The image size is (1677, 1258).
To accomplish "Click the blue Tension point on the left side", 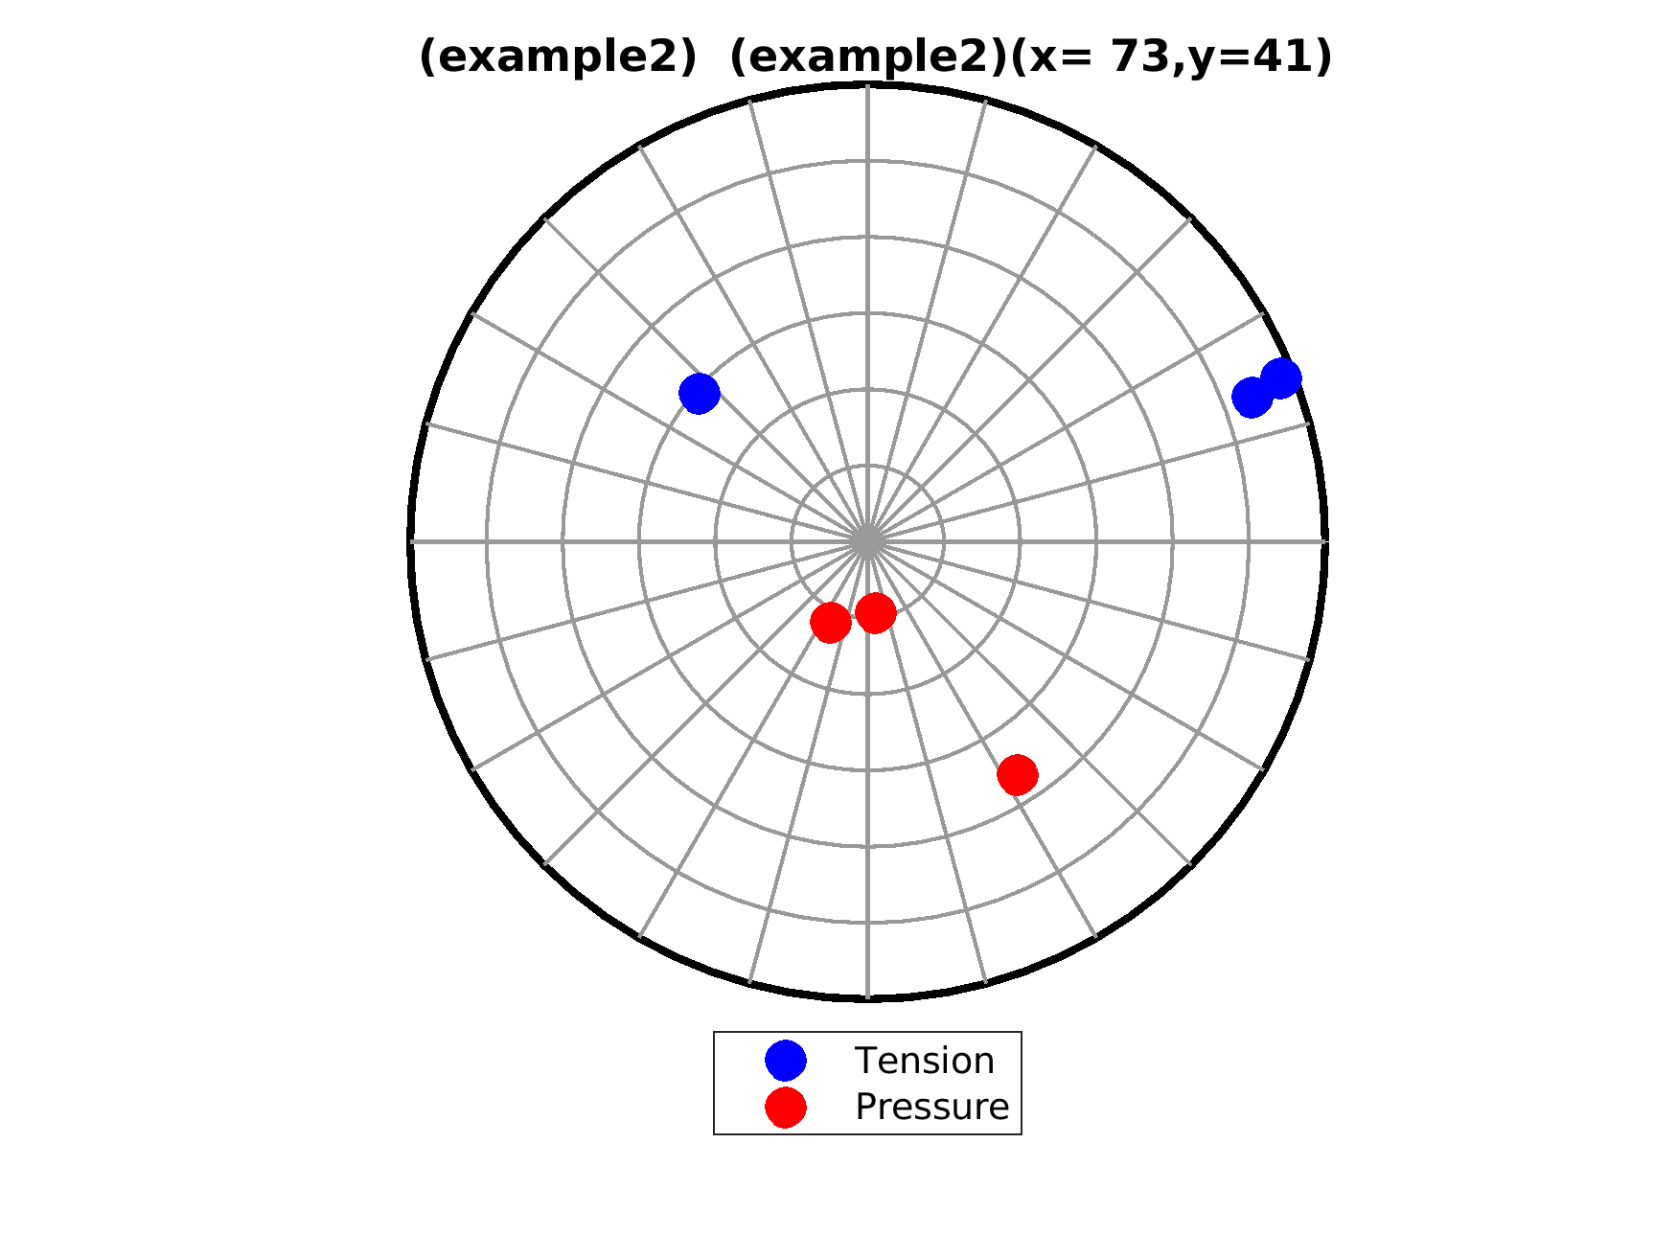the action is tap(700, 393).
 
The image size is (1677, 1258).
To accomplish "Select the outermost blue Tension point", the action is tap(1281, 378).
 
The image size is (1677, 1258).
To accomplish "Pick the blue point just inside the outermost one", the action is tap(1252, 397).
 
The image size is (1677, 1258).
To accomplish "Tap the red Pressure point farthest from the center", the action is tap(1018, 774).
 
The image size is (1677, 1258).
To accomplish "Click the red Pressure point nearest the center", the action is tap(876, 612).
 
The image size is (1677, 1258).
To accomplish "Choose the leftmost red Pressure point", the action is tap(831, 623).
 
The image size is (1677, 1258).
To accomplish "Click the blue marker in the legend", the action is tap(786, 1060).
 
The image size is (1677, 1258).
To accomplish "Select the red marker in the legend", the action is tap(786, 1107).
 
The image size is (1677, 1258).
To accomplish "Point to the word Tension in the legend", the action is tap(925, 1061).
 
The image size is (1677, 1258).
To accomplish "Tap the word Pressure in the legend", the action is tap(932, 1107).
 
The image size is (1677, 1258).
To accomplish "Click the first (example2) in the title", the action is tap(558, 58).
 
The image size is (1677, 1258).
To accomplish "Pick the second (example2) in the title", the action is tap(868, 58).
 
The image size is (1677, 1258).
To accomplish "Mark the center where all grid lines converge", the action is tap(867, 541).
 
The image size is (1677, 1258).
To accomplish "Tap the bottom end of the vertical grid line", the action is tap(867, 998).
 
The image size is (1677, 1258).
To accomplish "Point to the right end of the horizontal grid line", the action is tap(1324, 541).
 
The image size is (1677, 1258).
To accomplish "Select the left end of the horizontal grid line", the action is tap(411, 541).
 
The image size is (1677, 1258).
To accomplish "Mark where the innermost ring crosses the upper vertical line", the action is tap(867, 466).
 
